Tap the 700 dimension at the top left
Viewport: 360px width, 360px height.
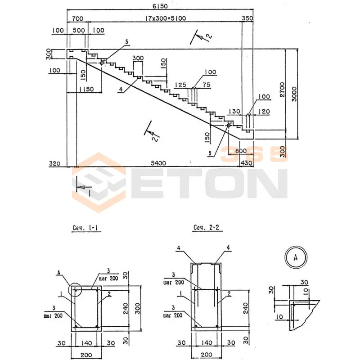(77, 18)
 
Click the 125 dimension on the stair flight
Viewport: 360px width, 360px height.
(180, 85)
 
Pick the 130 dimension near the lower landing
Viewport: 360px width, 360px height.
(235, 111)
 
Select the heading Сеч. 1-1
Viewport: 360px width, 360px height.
(85, 228)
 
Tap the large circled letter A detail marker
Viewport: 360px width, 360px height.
(296, 258)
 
